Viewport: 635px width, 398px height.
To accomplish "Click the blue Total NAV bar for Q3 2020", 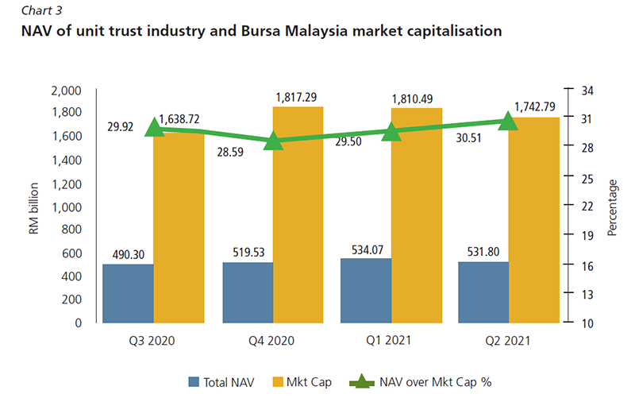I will point(128,294).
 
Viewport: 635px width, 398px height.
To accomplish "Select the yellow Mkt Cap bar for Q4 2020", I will point(298,214).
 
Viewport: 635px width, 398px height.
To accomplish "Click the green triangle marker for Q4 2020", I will point(273,141).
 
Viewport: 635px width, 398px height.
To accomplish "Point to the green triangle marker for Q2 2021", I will point(509,121).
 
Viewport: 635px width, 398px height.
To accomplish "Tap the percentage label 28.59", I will point(232,149).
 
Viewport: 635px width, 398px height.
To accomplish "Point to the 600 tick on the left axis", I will point(73,253).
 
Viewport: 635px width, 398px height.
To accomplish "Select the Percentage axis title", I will point(612,207).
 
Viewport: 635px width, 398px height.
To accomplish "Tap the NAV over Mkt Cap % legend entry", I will point(421,381).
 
